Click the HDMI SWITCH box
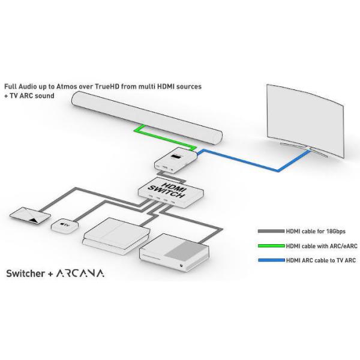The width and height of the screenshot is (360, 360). tap(171, 193)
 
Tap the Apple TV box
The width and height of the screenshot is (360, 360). tap(65, 226)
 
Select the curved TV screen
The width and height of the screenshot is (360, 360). tap(305, 120)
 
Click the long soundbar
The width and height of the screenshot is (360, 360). tap(147, 118)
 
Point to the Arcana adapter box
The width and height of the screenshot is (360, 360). tap(176, 161)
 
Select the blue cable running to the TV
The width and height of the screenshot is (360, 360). tap(253, 161)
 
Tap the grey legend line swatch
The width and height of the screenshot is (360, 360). tap(271, 231)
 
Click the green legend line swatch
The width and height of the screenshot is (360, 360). tap(271, 246)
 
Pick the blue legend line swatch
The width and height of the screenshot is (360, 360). tap(271, 260)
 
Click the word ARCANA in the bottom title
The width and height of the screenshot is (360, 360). tap(80, 273)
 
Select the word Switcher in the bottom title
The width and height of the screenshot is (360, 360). tap(25, 273)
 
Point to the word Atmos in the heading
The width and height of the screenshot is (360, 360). tap(67, 86)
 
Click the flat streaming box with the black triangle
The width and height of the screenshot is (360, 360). tap(30, 215)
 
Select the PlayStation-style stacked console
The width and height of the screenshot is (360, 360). tap(116, 236)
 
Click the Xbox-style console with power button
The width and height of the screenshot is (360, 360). tap(175, 253)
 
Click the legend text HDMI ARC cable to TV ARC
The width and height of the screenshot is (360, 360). tap(321, 260)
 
